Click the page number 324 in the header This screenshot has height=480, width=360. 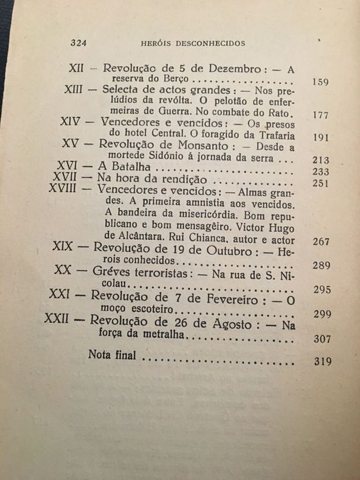coord(82,43)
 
